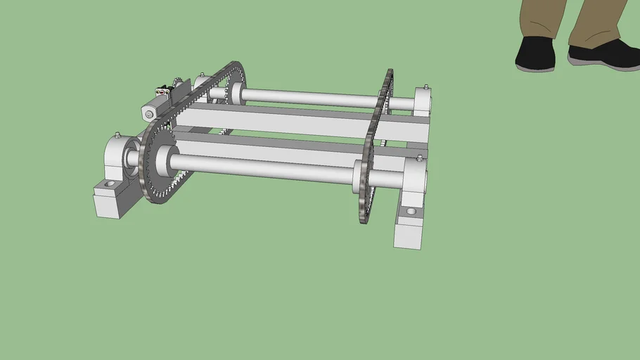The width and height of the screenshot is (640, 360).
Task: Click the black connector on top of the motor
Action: click(x=164, y=90)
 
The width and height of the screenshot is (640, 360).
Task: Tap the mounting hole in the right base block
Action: click(x=411, y=211)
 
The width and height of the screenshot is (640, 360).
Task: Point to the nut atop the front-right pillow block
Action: click(x=420, y=156)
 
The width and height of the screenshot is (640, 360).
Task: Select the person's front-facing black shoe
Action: click(x=535, y=54)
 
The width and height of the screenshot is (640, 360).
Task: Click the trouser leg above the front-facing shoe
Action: click(x=543, y=18)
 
